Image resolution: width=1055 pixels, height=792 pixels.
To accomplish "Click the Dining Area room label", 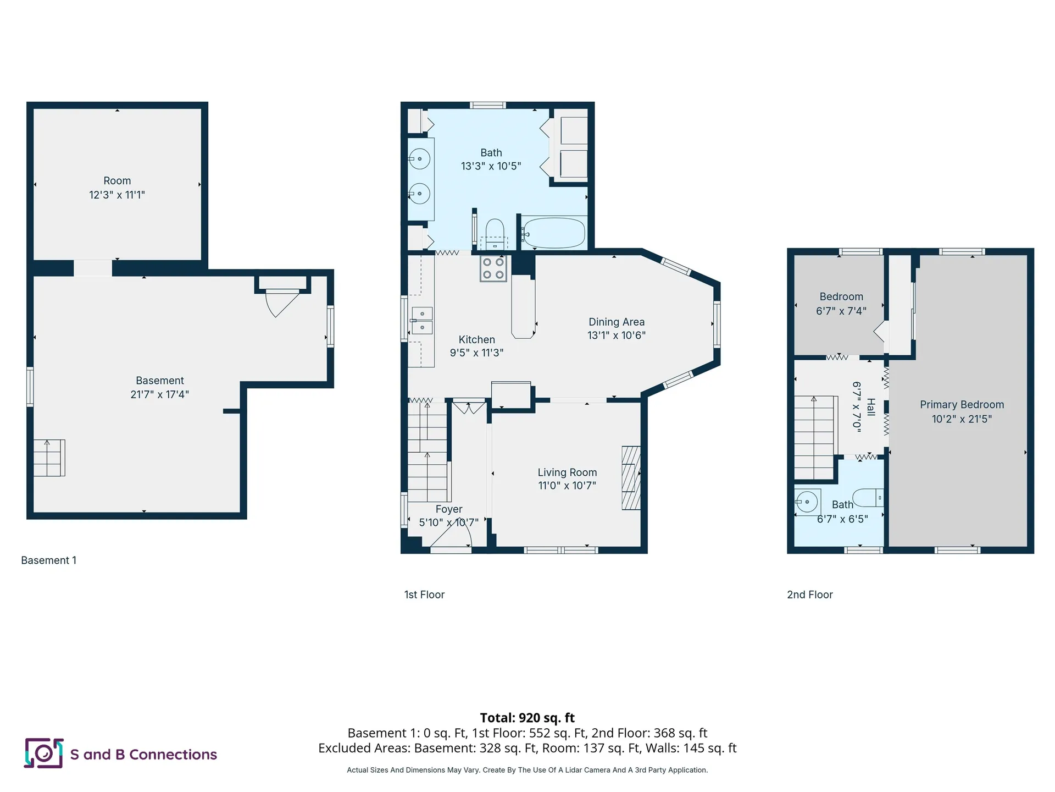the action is click(617, 322).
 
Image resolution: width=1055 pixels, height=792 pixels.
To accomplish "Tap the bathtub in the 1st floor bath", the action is click(553, 233).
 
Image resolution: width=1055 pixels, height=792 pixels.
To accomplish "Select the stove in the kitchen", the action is click(493, 268).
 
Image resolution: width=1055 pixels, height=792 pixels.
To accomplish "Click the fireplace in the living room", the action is click(631, 478).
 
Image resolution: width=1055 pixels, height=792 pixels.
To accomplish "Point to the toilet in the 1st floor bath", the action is click(495, 233).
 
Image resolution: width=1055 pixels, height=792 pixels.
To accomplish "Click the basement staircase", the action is click(49, 458).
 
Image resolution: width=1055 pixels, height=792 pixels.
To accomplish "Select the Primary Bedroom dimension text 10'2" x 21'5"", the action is click(962, 419).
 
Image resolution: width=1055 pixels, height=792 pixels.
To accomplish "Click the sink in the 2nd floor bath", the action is click(807, 502).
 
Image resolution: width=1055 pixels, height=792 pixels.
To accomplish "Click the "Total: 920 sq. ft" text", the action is click(527, 718).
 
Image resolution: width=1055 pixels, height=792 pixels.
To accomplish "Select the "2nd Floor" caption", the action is click(810, 595).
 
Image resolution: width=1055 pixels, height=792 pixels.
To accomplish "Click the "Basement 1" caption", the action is click(49, 560).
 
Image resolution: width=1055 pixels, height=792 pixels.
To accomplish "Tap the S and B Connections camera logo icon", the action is click(43, 753).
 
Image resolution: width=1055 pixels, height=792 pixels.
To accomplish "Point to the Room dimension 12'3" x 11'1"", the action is click(117, 195).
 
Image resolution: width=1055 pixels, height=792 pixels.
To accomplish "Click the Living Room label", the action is click(567, 472).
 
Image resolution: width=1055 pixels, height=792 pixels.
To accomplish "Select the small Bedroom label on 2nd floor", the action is click(841, 297).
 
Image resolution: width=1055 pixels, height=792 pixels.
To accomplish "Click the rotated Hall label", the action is click(871, 407).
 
